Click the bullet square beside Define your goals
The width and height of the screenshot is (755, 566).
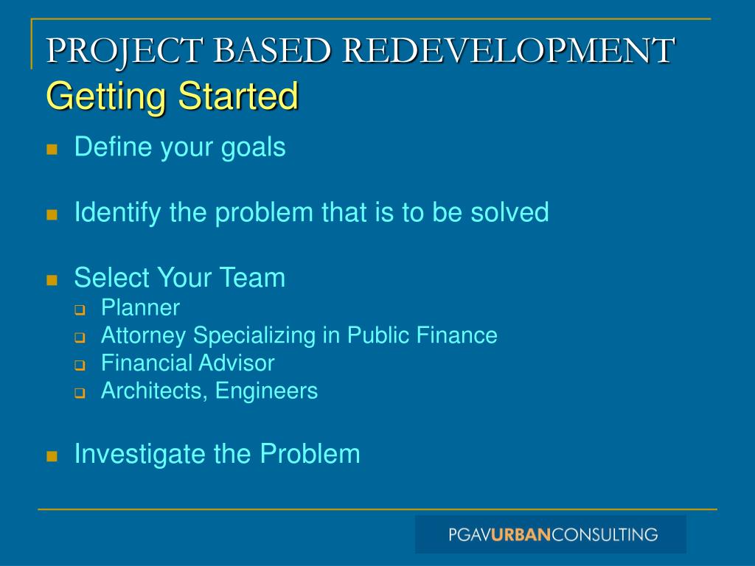(52, 150)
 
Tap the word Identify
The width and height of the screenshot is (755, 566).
(118, 213)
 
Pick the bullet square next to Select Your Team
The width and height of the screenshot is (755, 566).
(52, 280)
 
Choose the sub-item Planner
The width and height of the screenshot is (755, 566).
(140, 307)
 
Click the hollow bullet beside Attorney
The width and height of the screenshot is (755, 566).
(80, 338)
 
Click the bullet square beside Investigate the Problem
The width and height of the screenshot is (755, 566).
(52, 456)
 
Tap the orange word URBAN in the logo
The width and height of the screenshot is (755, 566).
(521, 534)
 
